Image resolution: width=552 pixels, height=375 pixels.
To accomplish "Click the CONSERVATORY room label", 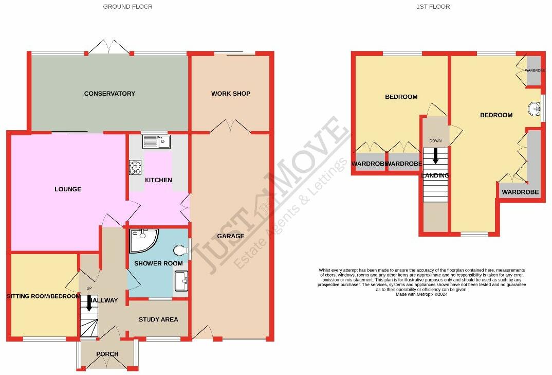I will (109, 94).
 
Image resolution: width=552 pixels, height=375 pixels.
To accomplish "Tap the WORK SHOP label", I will (230, 94).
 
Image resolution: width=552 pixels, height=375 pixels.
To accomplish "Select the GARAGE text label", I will (230, 236).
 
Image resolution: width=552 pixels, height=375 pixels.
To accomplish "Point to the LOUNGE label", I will (68, 189).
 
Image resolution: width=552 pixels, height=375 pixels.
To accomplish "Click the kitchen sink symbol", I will (157, 141).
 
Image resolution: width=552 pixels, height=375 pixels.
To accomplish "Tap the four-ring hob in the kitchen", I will (135, 168).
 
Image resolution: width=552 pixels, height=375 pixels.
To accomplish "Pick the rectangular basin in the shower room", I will (181, 281).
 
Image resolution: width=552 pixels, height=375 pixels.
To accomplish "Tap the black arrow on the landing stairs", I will (435, 156).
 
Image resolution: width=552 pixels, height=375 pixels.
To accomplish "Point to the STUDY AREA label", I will (158, 319).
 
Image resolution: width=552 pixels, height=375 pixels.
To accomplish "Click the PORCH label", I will (107, 354).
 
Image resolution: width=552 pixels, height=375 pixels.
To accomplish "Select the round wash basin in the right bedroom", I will (535, 109).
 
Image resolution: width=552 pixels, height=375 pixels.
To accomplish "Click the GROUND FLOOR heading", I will (127, 7).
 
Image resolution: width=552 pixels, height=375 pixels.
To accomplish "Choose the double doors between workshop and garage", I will (230, 127).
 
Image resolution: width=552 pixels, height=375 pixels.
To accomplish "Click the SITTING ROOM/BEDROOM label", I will (43, 297).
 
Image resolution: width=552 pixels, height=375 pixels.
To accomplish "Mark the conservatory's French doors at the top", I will (108, 47).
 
